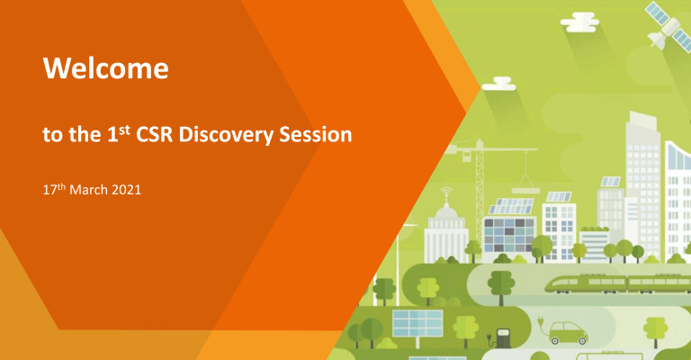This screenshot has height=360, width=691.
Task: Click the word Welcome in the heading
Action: click(106, 68)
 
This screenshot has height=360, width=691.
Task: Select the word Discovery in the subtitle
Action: click(226, 135)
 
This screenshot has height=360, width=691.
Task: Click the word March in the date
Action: click(88, 190)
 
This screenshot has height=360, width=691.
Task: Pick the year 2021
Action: click(127, 190)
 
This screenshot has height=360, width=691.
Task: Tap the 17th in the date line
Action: click(54, 190)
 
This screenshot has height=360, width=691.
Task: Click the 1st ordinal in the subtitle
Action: click(119, 133)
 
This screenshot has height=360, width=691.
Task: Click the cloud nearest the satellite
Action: click(579, 22)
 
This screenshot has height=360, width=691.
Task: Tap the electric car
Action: click(568, 333)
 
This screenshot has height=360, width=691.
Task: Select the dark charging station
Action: click(503, 338)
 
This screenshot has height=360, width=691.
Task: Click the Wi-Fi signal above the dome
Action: click(446, 193)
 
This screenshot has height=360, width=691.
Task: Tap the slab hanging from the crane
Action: click(525, 191)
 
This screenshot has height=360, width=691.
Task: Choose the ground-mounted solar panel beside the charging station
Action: click(417, 323)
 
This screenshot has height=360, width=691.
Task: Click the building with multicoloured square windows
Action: click(509, 235)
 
